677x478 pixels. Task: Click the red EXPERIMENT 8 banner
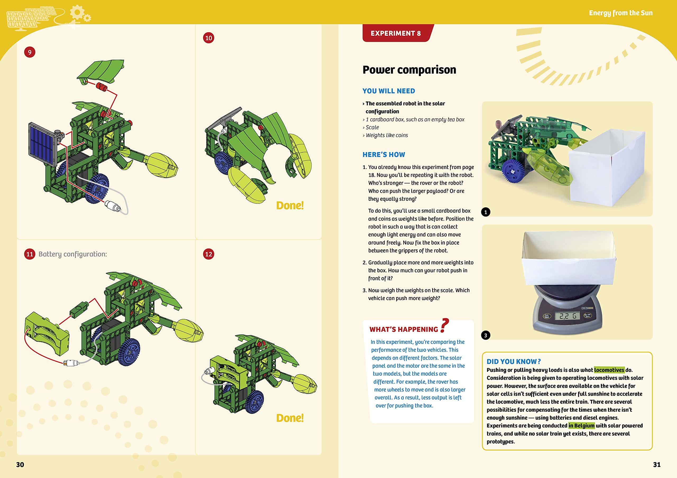point(395,33)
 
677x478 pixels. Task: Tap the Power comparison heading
point(409,70)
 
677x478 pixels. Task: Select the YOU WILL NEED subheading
point(389,91)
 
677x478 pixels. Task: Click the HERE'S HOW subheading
point(384,154)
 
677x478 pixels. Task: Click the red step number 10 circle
point(208,38)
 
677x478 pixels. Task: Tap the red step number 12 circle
point(208,254)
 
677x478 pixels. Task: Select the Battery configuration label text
point(72,254)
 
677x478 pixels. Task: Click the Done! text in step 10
point(290,205)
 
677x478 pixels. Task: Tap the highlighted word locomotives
point(609,370)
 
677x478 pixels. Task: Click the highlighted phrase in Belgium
point(581,425)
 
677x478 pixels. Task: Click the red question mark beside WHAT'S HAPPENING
point(444,326)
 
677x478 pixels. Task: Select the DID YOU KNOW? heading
point(513,361)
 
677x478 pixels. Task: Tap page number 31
point(657,465)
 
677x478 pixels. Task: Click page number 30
point(20,465)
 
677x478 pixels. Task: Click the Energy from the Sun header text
point(620,13)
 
